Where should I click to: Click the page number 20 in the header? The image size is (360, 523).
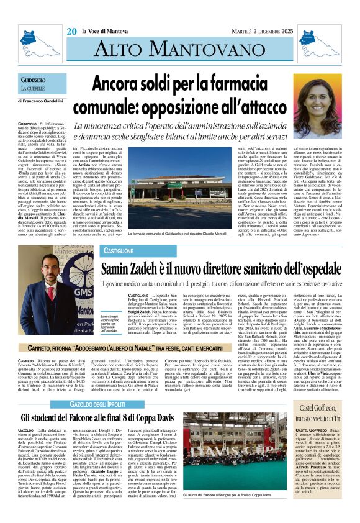coord(71,31)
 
